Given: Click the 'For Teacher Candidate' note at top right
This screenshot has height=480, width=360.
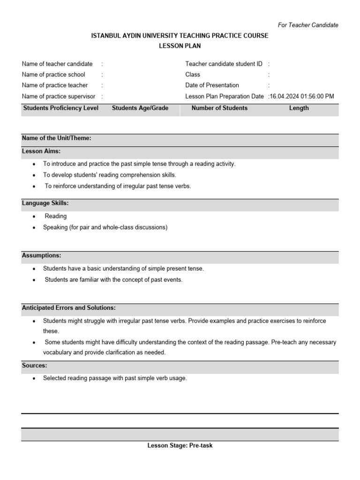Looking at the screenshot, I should (308, 25).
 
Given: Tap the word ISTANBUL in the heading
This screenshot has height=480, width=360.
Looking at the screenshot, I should (106, 36).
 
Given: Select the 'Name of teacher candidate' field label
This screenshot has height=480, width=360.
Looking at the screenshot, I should (57, 64).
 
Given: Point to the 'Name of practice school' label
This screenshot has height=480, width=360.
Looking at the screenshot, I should (53, 75).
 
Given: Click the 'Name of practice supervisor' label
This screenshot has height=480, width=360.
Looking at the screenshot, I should (59, 96).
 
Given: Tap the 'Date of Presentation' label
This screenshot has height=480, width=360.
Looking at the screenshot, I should (212, 85).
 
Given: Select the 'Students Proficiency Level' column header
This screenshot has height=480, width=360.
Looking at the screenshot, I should (61, 108).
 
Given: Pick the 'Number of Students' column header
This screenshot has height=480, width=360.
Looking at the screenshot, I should (219, 108).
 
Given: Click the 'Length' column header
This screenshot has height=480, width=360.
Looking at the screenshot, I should (299, 108).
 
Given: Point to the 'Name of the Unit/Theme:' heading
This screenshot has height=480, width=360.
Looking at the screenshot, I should (56, 138).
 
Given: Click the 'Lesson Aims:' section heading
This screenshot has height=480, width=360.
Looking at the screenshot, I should (41, 151).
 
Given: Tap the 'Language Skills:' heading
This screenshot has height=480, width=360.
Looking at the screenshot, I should (45, 203).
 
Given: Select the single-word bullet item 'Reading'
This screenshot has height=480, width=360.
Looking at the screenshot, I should (56, 216).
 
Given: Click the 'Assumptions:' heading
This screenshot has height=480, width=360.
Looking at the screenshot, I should (41, 255).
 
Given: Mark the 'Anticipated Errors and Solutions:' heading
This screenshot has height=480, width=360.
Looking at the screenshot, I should (69, 308).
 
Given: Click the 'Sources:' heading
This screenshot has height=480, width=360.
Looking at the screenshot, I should (34, 365).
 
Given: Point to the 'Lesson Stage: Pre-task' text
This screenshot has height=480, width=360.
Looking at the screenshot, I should (180, 445).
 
